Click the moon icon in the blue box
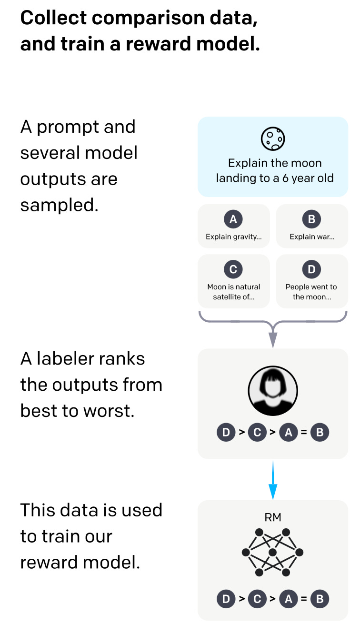click(272, 138)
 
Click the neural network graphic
click(272, 552)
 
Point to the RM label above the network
click(273, 517)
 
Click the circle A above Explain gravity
click(233, 219)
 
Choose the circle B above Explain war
click(312, 219)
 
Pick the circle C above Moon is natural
click(233, 269)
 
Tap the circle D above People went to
click(312, 269)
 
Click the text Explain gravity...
click(233, 237)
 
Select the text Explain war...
click(312, 237)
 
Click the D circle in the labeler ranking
click(226, 433)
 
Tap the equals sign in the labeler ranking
click(303, 433)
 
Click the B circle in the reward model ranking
click(320, 599)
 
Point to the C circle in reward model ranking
click(257, 599)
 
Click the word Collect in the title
click(53, 18)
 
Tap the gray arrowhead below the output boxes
click(273, 339)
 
